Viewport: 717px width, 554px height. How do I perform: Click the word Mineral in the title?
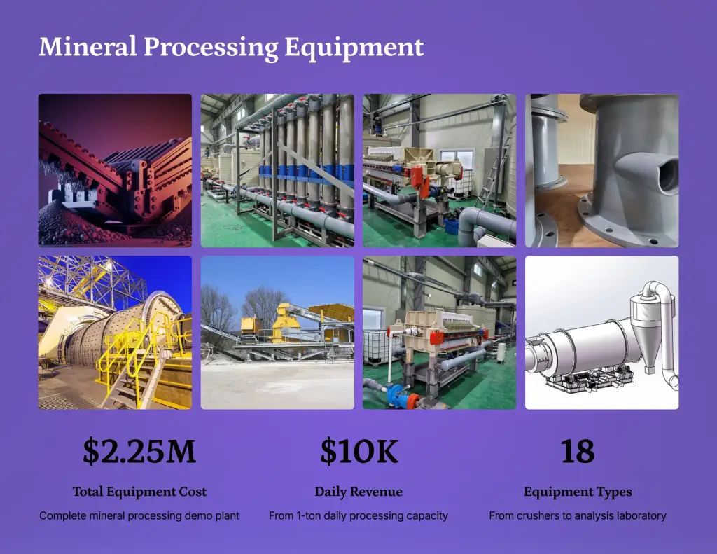pos(88,46)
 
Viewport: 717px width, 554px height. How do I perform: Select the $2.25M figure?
pos(139,451)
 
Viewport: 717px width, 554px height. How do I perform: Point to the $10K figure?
pos(359,451)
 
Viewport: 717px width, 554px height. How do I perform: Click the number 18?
pos(578,451)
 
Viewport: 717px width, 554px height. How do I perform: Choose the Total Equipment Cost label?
pos(139,492)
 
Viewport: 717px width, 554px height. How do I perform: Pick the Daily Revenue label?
pos(358,492)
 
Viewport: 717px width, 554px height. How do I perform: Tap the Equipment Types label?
pos(578,492)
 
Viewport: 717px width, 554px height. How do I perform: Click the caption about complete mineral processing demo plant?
pos(139,515)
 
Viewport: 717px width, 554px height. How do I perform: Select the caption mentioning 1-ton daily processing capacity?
pos(358,515)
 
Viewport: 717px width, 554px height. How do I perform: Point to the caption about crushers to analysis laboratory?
pos(578,515)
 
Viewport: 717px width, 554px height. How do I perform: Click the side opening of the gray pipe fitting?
pos(667,173)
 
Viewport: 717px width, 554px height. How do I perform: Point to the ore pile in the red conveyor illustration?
pos(69,224)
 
